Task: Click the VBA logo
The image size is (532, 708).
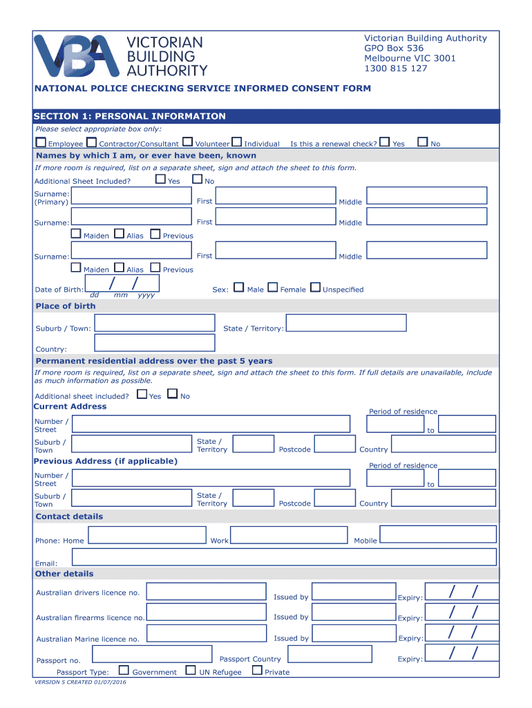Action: (x=79, y=55)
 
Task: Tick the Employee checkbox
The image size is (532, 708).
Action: (x=41, y=142)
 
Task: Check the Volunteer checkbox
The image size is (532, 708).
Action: (x=188, y=142)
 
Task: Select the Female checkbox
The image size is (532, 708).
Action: (x=273, y=288)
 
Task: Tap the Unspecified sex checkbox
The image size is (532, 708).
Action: (x=316, y=288)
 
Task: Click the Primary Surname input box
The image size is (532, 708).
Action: (x=131, y=196)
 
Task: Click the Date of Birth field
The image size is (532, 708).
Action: (x=122, y=283)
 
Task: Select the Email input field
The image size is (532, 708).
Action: (x=284, y=557)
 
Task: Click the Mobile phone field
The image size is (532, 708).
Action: (x=438, y=534)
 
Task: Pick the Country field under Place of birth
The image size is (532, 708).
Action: (x=155, y=342)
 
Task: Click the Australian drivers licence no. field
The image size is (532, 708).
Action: (x=206, y=591)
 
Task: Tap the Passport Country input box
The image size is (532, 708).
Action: (x=328, y=654)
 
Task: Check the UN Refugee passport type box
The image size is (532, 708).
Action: (x=192, y=670)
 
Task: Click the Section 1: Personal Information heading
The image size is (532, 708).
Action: (x=131, y=116)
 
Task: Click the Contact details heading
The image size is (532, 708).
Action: (x=69, y=516)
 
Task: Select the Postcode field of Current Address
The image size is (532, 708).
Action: (x=334, y=444)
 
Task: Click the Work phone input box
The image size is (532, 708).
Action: (x=289, y=534)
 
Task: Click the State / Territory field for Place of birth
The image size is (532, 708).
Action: (x=345, y=323)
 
